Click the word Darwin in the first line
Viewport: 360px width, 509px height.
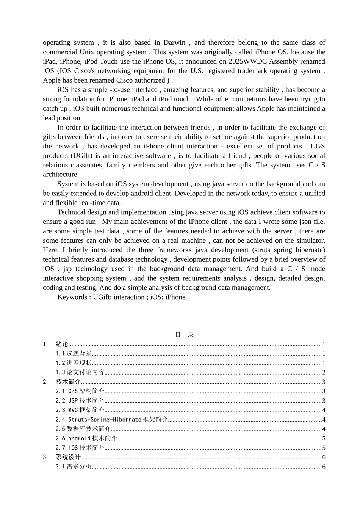point(174,42)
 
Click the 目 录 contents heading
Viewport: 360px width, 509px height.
point(185,335)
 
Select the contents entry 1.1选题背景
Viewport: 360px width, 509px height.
point(74,354)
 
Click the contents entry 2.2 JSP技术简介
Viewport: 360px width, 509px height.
point(80,401)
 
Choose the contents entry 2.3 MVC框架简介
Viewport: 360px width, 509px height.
point(80,410)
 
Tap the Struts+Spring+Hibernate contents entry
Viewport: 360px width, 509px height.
point(112,420)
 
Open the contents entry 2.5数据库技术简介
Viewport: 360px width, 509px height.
point(83,429)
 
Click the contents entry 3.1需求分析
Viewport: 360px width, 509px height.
point(74,467)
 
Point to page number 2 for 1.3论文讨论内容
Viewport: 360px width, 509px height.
point(324,373)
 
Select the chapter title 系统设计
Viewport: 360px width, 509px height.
point(68,457)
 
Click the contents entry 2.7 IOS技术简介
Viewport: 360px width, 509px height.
point(80,448)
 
